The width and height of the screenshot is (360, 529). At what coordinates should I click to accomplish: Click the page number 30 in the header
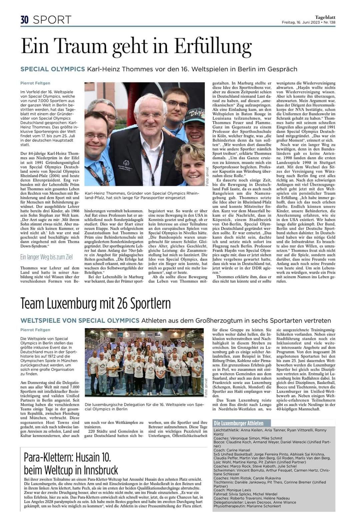coord(25,20)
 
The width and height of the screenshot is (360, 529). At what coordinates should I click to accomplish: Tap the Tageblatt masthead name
coord(325,17)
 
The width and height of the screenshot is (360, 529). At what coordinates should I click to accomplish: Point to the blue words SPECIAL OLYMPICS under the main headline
coord(53,69)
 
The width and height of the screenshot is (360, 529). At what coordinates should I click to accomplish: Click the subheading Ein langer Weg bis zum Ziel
coord(46,257)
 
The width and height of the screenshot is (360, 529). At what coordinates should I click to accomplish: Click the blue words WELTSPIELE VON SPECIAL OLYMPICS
coord(80,321)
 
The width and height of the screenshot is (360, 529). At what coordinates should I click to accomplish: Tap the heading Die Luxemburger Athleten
coord(238,423)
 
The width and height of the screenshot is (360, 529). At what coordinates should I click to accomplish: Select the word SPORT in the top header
coord(52,20)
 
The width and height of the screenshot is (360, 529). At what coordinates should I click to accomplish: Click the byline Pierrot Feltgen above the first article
coord(35,83)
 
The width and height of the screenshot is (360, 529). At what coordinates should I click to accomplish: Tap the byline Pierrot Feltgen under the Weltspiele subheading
coord(35,330)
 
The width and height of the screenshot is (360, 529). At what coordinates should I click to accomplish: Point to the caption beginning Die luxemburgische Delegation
coord(144,407)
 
